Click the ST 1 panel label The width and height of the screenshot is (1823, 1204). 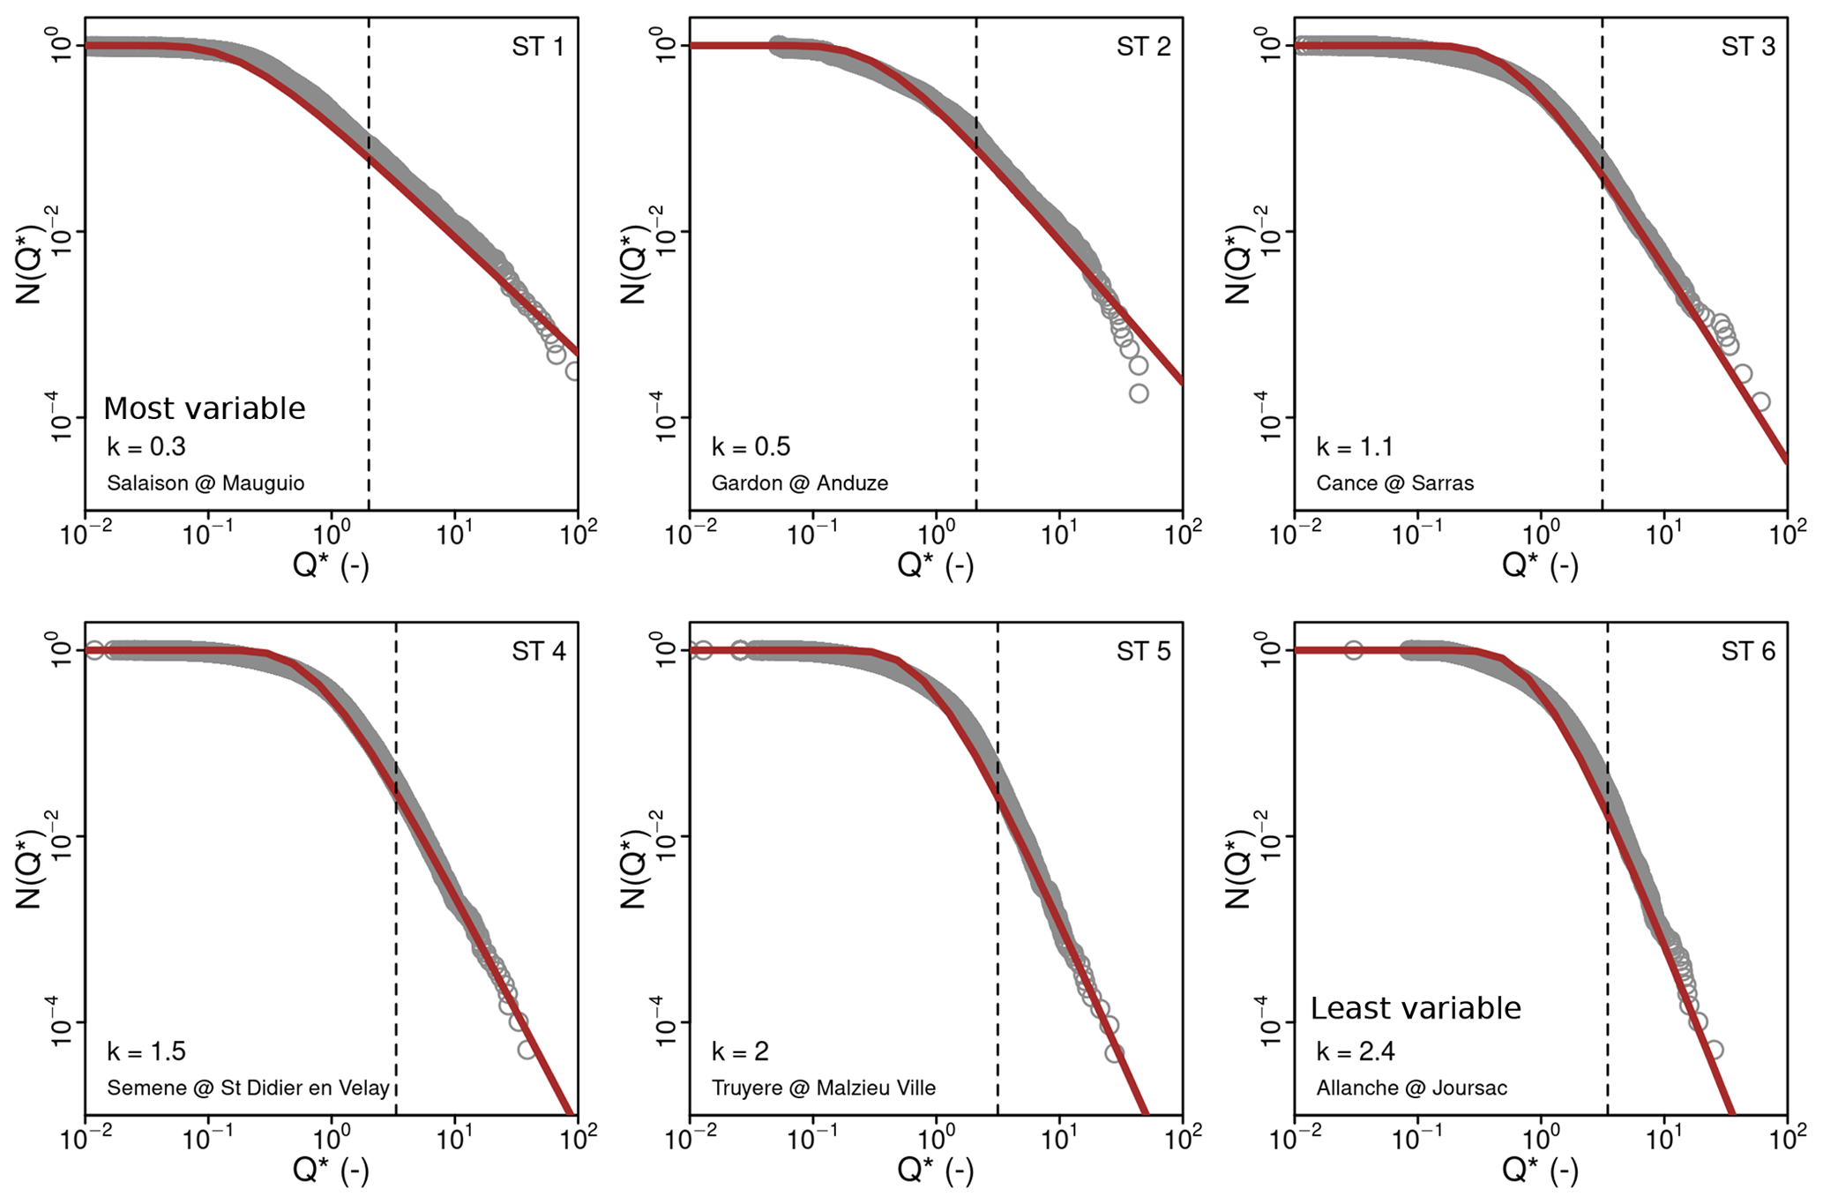click(x=537, y=46)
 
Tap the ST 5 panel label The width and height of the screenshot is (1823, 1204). click(x=1143, y=651)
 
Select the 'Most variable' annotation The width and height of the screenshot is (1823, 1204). click(x=204, y=408)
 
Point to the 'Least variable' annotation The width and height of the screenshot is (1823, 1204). click(x=1415, y=1007)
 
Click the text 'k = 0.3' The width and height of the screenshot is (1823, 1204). click(x=146, y=447)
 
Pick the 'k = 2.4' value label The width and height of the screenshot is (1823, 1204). click(x=1356, y=1051)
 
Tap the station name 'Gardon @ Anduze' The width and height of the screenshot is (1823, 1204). click(x=799, y=483)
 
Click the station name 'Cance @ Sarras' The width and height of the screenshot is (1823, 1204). click(x=1394, y=483)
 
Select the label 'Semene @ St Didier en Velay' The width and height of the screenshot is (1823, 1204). click(x=248, y=1088)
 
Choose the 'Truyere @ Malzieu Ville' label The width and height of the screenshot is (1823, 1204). click(x=823, y=1088)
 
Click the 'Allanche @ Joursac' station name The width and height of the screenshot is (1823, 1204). click(x=1411, y=1088)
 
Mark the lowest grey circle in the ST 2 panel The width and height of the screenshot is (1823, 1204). click(x=1139, y=393)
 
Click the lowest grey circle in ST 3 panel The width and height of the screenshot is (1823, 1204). click(x=1760, y=402)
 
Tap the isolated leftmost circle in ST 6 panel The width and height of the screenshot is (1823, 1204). click(x=1353, y=651)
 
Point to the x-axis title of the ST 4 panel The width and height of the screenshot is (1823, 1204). click(x=331, y=1170)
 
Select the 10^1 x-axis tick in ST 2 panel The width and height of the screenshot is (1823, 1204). click(x=1058, y=535)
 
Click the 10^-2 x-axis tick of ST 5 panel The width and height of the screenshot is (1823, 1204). click(x=690, y=1140)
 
